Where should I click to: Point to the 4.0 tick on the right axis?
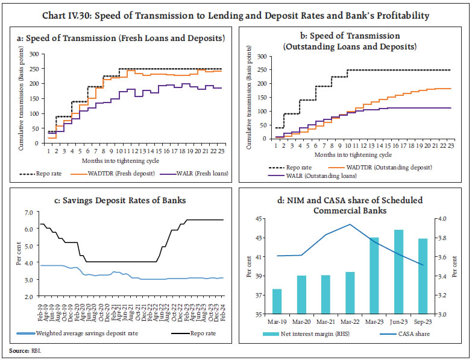[444, 219]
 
